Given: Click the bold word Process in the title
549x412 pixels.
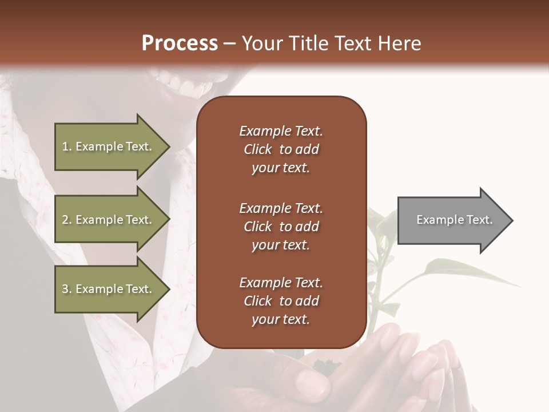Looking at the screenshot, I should pos(180,43).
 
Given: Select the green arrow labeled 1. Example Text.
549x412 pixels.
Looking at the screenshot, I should pos(109,146).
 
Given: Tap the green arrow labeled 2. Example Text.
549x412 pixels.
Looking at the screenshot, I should pos(109,220).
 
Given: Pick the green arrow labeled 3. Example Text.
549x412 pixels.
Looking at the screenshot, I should pos(109,289).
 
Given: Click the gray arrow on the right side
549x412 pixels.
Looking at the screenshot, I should pos(452,220).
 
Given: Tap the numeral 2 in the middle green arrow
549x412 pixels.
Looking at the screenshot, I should pos(65,220).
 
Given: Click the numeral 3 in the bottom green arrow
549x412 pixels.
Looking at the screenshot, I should pos(65,289).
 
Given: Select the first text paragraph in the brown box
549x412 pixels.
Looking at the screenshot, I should pos(281,149).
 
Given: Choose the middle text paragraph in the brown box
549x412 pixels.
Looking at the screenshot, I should pos(281,227).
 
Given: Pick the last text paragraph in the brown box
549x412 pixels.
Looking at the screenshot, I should pos(281,301).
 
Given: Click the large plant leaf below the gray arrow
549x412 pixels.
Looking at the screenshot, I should pos(457,271).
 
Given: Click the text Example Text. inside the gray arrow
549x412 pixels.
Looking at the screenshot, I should pos(454,220).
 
